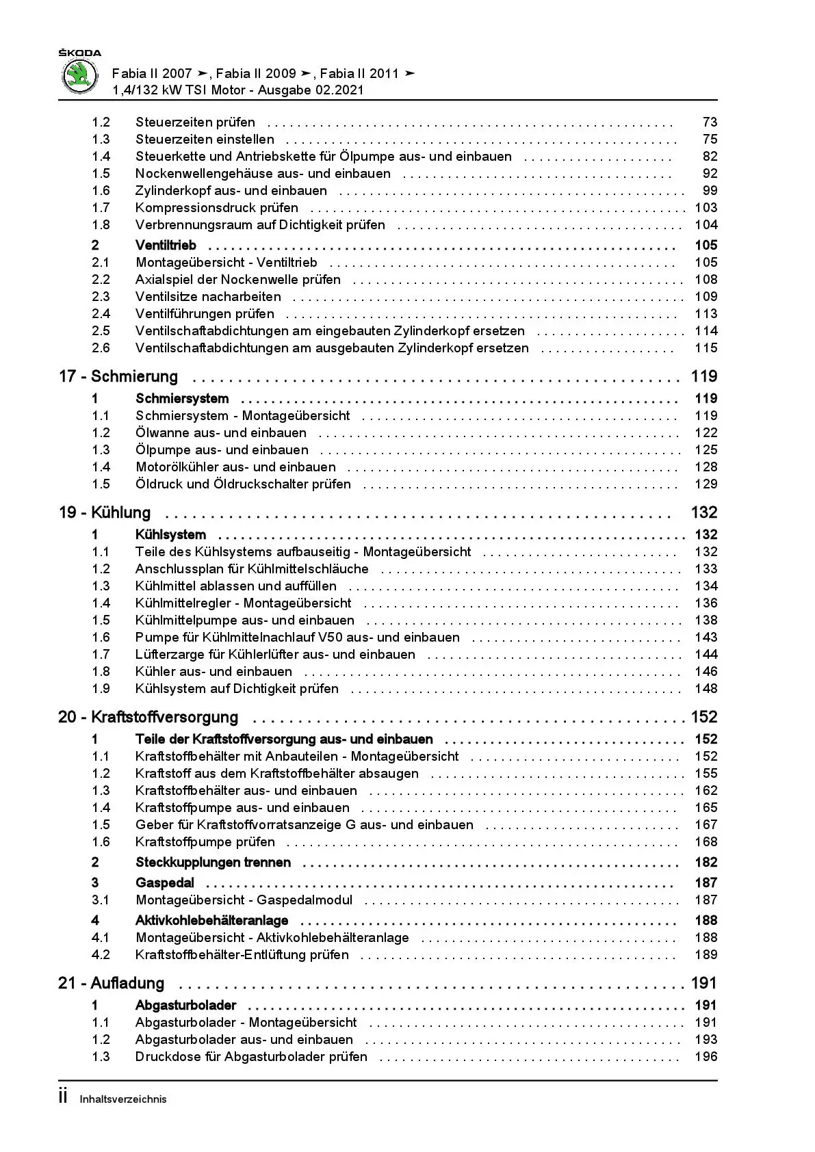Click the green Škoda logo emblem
pos(81,75)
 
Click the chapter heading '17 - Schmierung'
pos(118,376)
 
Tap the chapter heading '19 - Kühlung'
pos(105,512)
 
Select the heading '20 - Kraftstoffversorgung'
pos(148,717)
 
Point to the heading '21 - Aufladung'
pos(112,983)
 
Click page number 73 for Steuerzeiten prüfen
pos(710,122)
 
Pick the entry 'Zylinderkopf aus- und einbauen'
pos(231,191)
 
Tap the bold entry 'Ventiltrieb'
pos(166,245)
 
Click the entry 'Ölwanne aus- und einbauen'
pos(221,433)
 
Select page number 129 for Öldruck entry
pos(706,484)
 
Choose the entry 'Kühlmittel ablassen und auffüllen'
pos(236,586)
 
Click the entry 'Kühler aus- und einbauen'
pos(214,672)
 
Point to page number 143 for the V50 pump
pos(706,638)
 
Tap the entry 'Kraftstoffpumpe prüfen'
pos(205,842)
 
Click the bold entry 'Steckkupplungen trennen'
pos(213,863)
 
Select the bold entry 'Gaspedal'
pos(165,883)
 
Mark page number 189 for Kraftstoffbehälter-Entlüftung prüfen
pos(706,955)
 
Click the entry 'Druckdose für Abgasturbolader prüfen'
pos(251,1057)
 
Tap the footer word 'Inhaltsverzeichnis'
pos(123,1099)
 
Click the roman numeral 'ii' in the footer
pos(64,1097)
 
